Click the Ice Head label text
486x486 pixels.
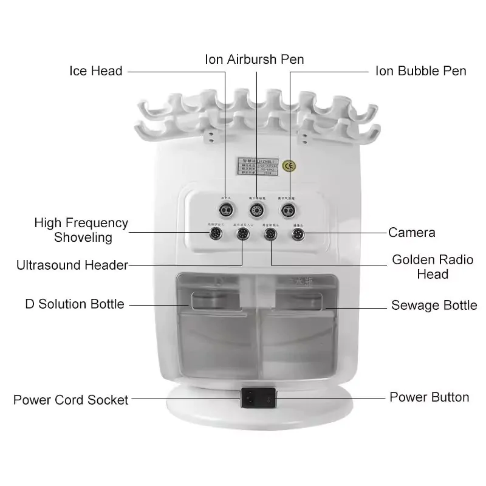pos(95,71)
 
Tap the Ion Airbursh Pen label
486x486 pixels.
pos(254,59)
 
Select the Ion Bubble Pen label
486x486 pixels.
pos(420,71)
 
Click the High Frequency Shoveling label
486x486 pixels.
pos(81,230)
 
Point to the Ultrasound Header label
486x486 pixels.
pos(72,265)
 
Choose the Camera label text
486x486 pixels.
pos(412,232)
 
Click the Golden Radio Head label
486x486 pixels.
pos(433,267)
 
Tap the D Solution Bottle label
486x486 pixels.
pos(74,304)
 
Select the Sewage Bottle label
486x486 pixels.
pos(434,305)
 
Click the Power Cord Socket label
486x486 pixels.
pos(71,400)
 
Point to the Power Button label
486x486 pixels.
pos(429,397)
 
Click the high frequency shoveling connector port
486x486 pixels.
pos(216,233)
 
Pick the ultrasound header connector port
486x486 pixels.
pos(243,233)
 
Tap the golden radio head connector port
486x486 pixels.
pos(271,233)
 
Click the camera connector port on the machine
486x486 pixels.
pos(298,233)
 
